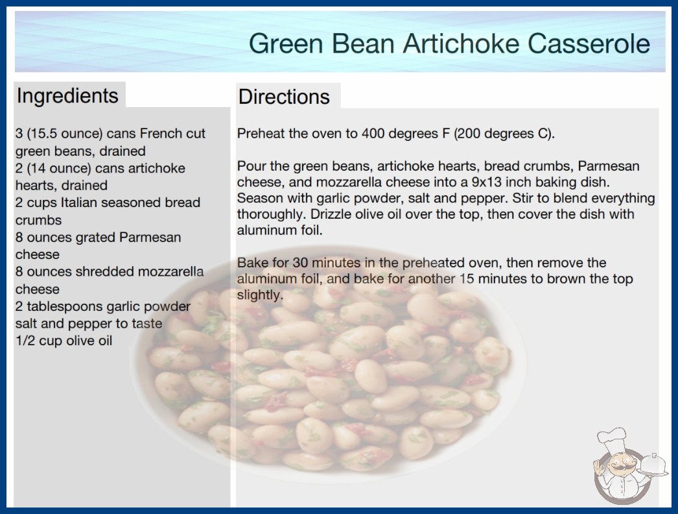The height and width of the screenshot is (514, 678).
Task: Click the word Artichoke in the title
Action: (461, 43)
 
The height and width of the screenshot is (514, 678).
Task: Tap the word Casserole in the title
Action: (589, 43)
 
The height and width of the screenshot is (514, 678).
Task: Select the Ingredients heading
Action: (67, 96)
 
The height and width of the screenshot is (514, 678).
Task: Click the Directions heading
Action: (284, 97)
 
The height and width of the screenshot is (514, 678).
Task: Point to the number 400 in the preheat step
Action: (373, 134)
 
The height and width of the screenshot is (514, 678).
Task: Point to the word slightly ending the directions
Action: (260, 295)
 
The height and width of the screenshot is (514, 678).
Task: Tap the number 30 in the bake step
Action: (300, 262)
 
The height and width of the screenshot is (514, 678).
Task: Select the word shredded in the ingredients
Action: (104, 271)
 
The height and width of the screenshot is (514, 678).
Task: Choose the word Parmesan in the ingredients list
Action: (150, 238)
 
